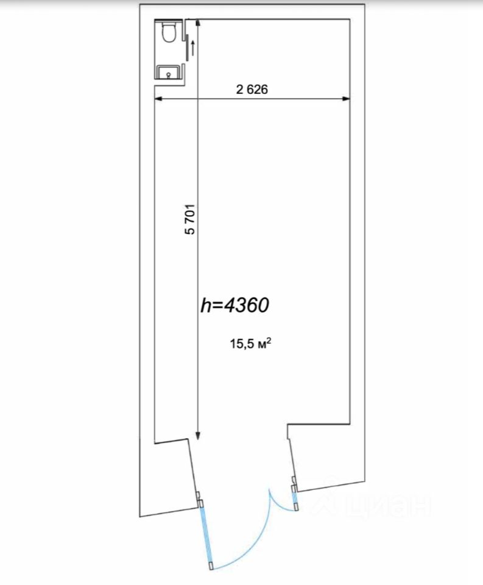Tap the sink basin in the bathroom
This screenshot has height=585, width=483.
[169, 72]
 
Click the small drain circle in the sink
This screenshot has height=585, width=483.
[169, 74]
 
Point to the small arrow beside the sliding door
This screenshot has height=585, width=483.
[192, 48]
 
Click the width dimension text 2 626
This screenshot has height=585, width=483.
[252, 90]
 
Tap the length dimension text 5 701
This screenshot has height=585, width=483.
[190, 219]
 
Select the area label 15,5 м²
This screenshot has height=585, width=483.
[250, 343]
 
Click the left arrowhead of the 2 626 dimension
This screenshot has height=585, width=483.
[158, 99]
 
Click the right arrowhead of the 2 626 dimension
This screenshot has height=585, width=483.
[346, 99]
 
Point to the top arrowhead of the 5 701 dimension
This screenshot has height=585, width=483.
[198, 24]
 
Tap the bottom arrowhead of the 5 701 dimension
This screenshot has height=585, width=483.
[198, 436]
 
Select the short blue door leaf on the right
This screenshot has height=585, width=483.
[295, 498]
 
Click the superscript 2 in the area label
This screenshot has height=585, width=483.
[269, 340]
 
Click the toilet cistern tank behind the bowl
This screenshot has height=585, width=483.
[169, 23]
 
